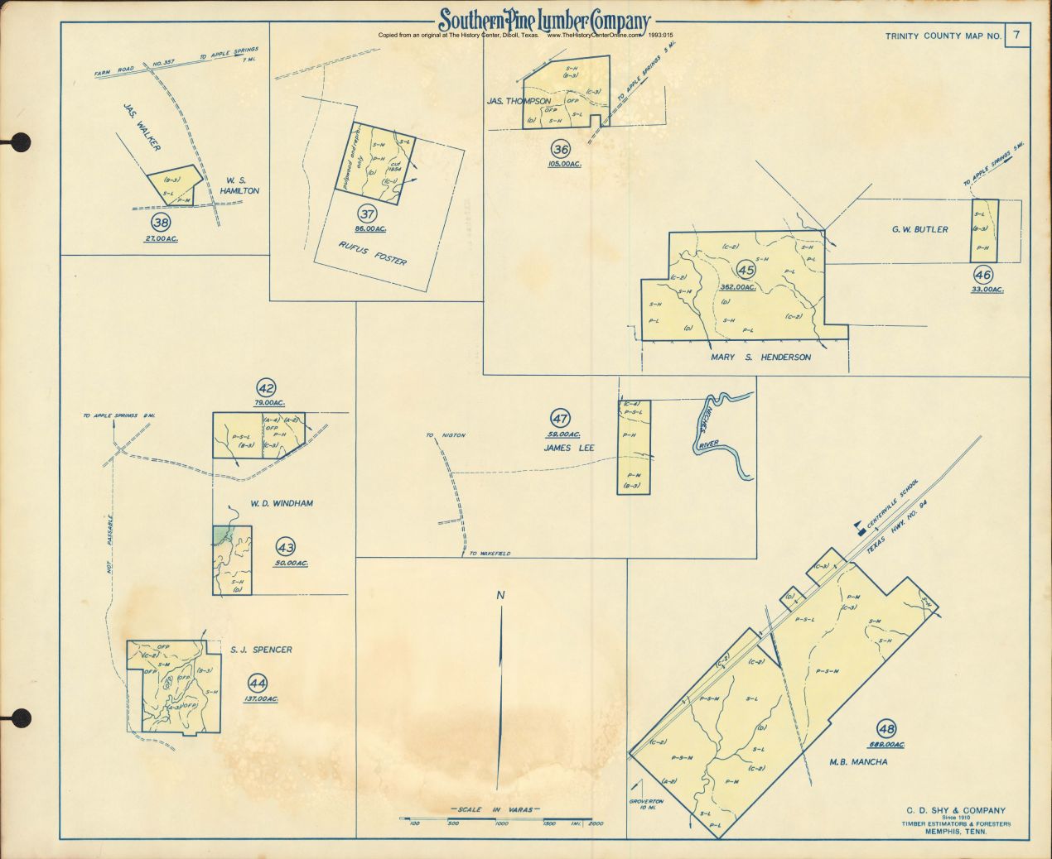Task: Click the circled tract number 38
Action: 161,222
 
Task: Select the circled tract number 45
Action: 746,270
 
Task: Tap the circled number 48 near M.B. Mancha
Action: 886,729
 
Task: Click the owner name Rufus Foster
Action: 373,252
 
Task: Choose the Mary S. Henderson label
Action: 760,358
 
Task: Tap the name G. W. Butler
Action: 919,229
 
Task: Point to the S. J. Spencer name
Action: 261,650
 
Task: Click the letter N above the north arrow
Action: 500,595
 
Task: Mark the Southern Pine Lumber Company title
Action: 544,21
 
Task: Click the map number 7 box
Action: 1016,35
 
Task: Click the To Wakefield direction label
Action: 490,553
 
